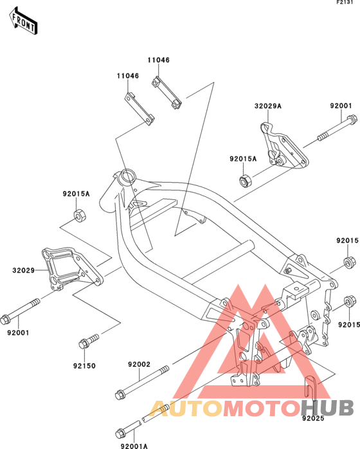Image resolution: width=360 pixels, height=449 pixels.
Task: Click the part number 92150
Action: (x=84, y=365)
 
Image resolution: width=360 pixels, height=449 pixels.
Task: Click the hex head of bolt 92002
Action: (x=119, y=394)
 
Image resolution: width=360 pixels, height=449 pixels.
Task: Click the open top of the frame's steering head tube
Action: (x=125, y=175)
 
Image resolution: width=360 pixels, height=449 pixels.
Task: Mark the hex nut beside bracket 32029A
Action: (x=244, y=181)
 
